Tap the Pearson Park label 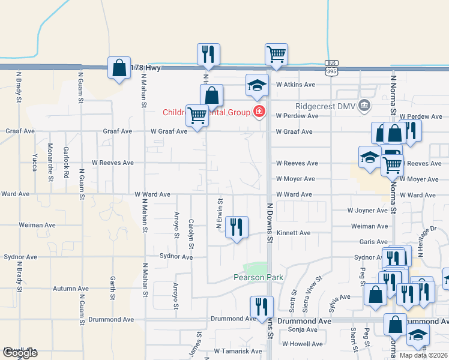(x=258, y=277)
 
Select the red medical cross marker (x=259, y=111)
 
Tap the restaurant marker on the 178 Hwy (x=208, y=55)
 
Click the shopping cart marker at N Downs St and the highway (x=276, y=55)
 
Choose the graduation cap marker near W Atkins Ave (x=256, y=85)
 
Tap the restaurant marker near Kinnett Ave (x=237, y=227)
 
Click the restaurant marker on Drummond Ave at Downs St (x=261, y=307)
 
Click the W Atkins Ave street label (x=295, y=85)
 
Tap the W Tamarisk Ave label (x=238, y=351)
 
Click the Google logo (x=20, y=353)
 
